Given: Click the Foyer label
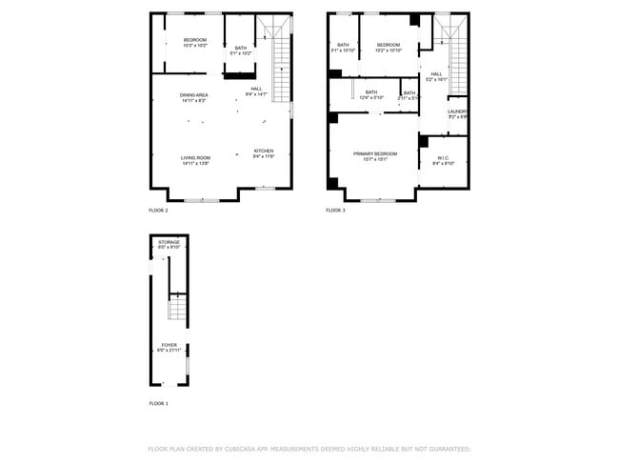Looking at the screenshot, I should pyautogui.click(x=169, y=347).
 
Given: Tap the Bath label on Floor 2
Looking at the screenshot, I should pyautogui.click(x=241, y=50).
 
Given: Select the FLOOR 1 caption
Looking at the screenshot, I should pyautogui.click(x=158, y=404).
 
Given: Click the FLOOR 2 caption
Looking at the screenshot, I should pyautogui.click(x=158, y=210).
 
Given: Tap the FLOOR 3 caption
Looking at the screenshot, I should pyautogui.click(x=335, y=210).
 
